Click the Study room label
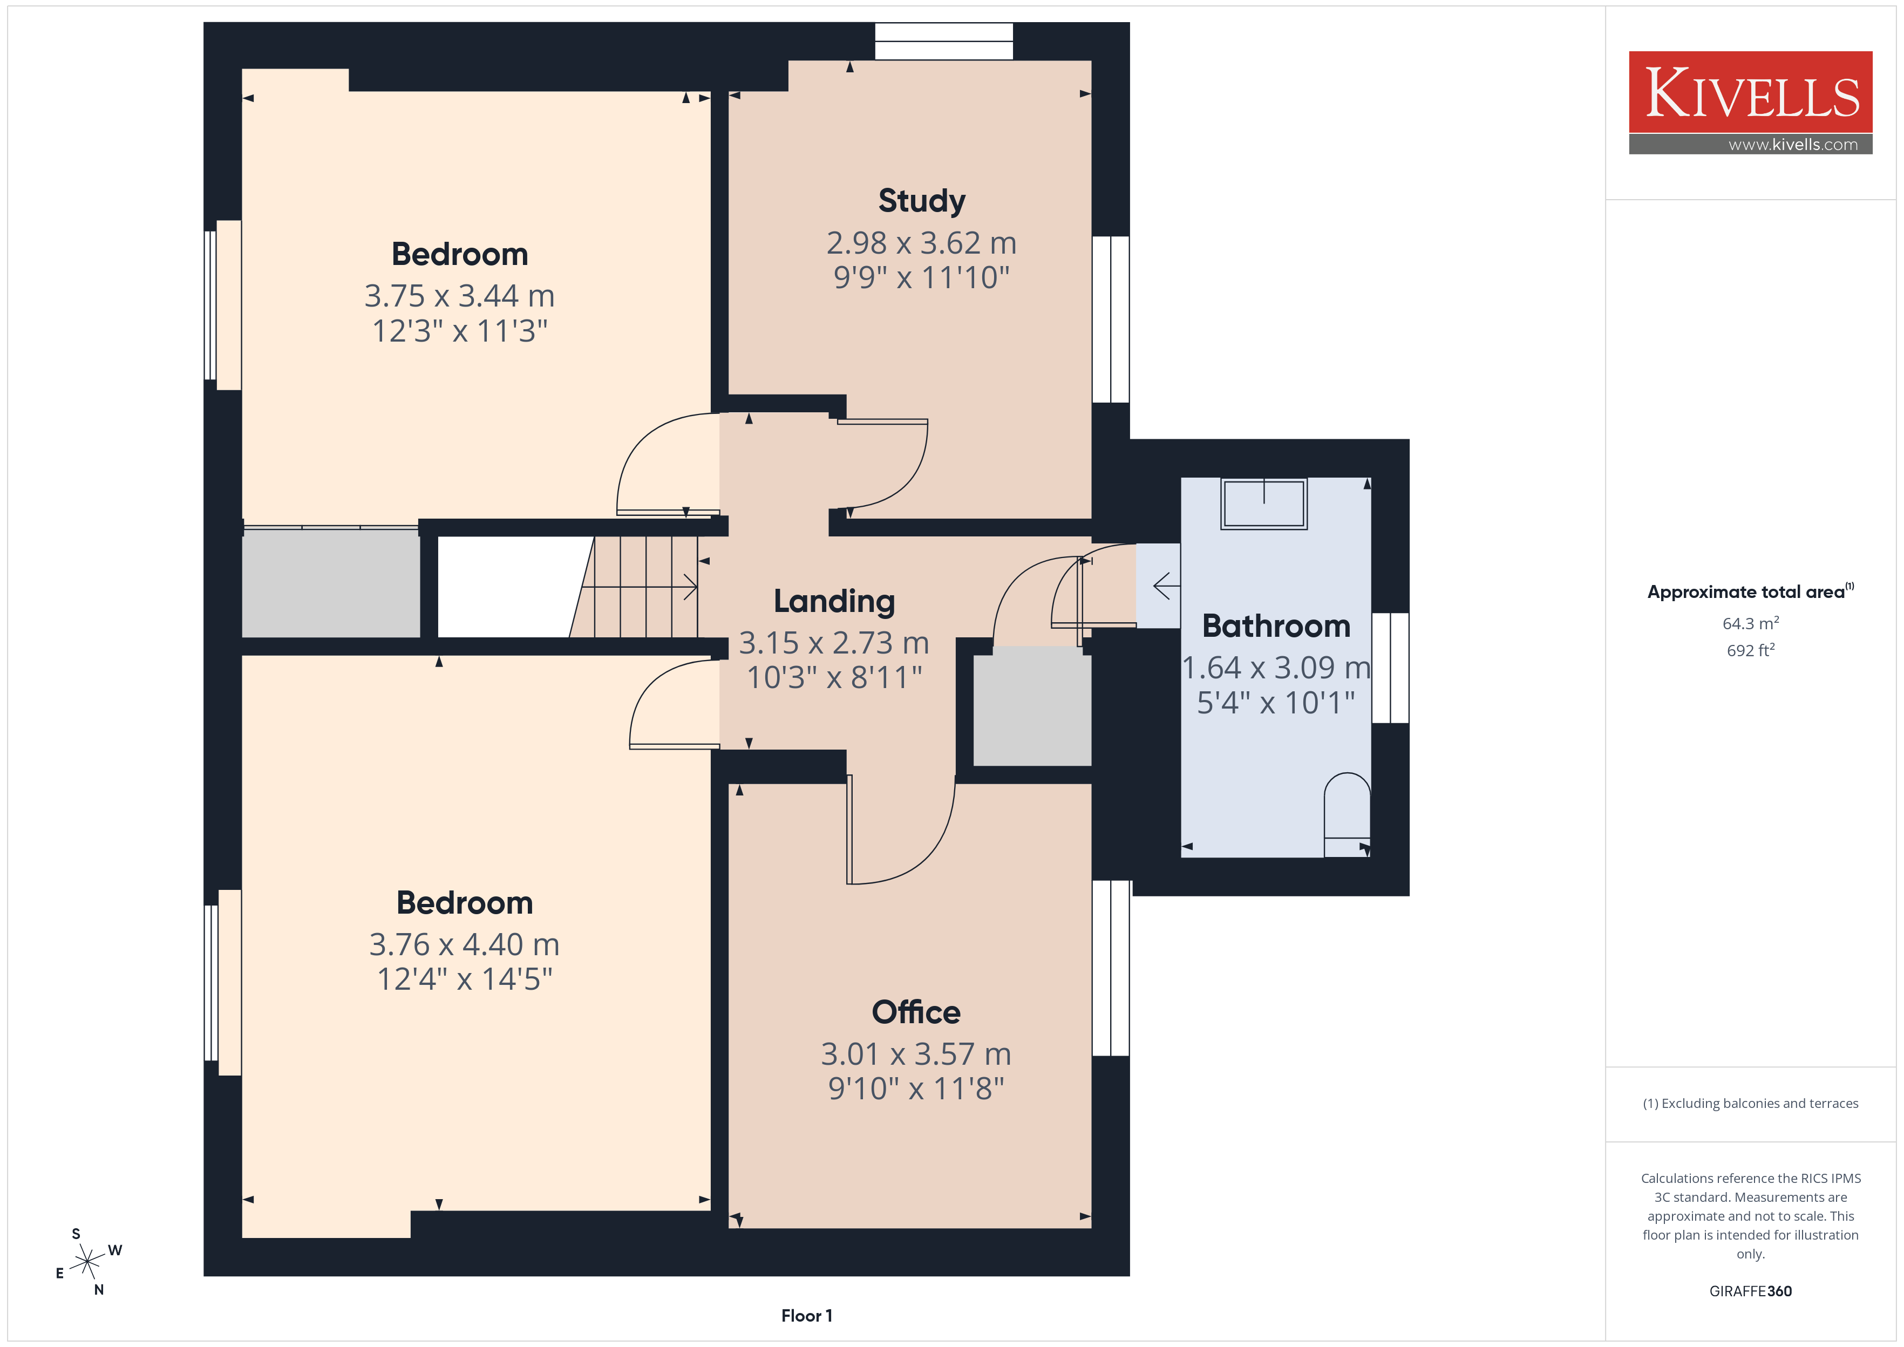[x=921, y=201]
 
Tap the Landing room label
[x=834, y=601]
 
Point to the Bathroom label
[x=1276, y=626]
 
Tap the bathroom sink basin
[x=1264, y=504]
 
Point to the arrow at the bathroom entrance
[x=1166, y=587]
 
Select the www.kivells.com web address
[x=1793, y=144]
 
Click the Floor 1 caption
[x=806, y=1316]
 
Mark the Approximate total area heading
[x=1750, y=591]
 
